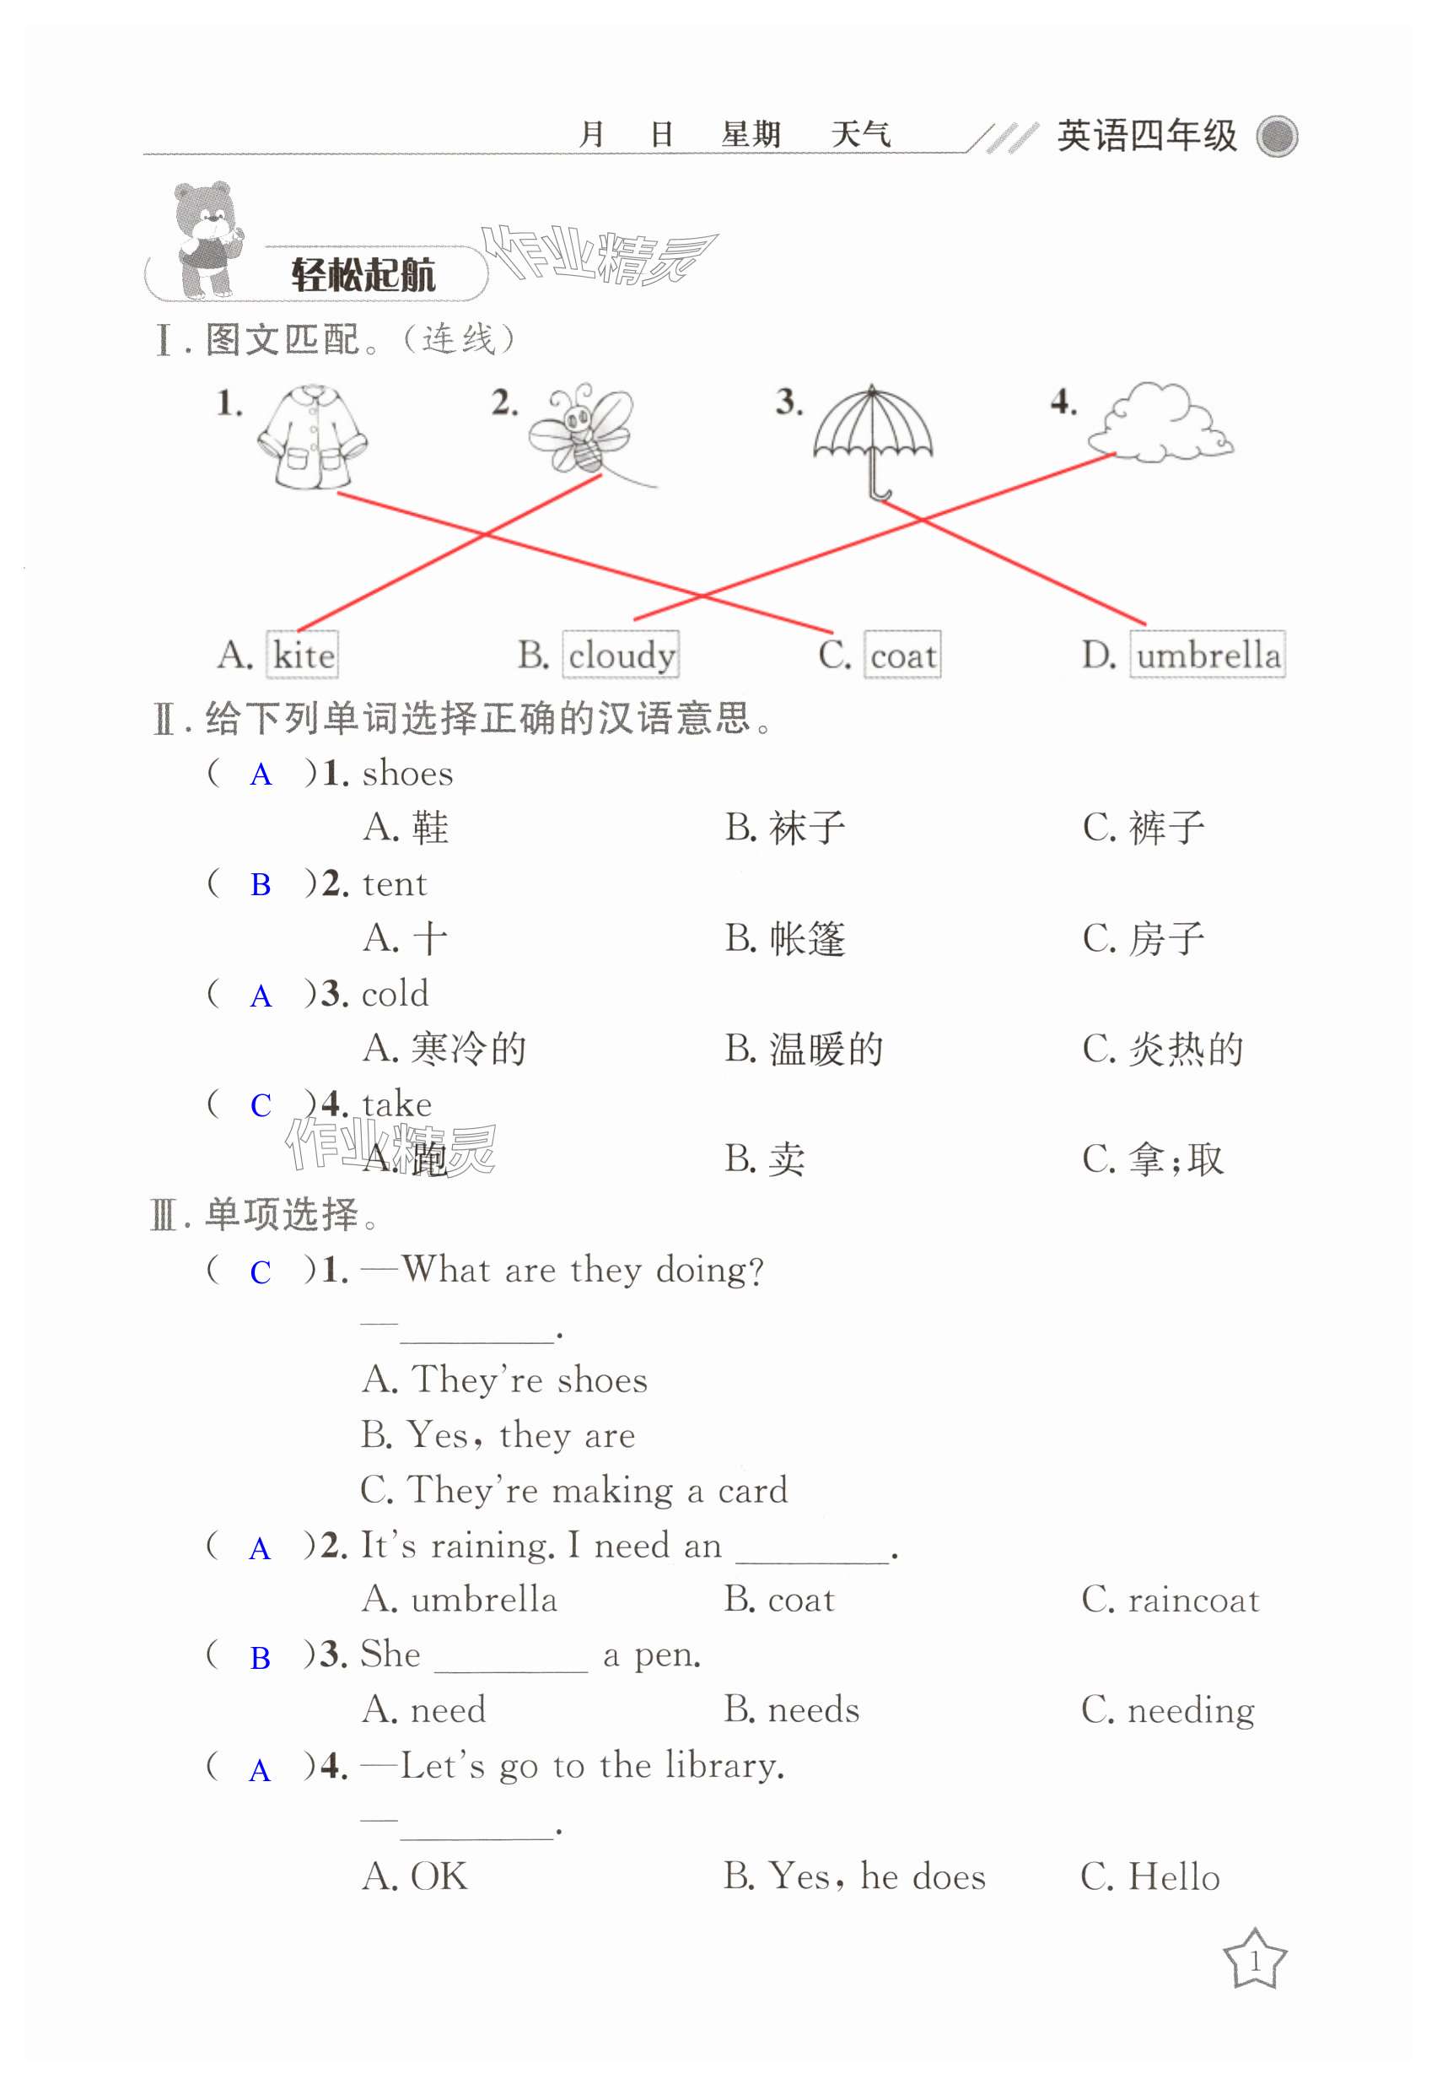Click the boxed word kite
coord(304,655)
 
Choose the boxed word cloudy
coord(622,655)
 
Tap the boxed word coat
coord(903,655)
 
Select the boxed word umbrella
coord(1208,655)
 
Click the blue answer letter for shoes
coord(261,775)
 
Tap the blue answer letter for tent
coord(261,885)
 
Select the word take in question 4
coord(396,1104)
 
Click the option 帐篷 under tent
coord(807,939)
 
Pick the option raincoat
coord(1193,1601)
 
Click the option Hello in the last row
coord(1173,1876)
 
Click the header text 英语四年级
coord(1146,136)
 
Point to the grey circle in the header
coord(1277,137)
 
